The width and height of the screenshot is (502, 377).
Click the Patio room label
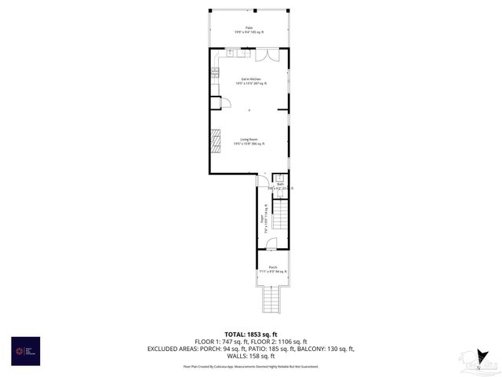point(249,29)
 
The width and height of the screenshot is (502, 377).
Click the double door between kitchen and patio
point(267,55)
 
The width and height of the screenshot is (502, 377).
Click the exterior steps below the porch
point(272,299)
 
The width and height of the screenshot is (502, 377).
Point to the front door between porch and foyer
point(271,246)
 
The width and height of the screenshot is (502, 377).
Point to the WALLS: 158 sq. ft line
point(251,356)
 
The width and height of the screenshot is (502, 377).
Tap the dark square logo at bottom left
point(25,350)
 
